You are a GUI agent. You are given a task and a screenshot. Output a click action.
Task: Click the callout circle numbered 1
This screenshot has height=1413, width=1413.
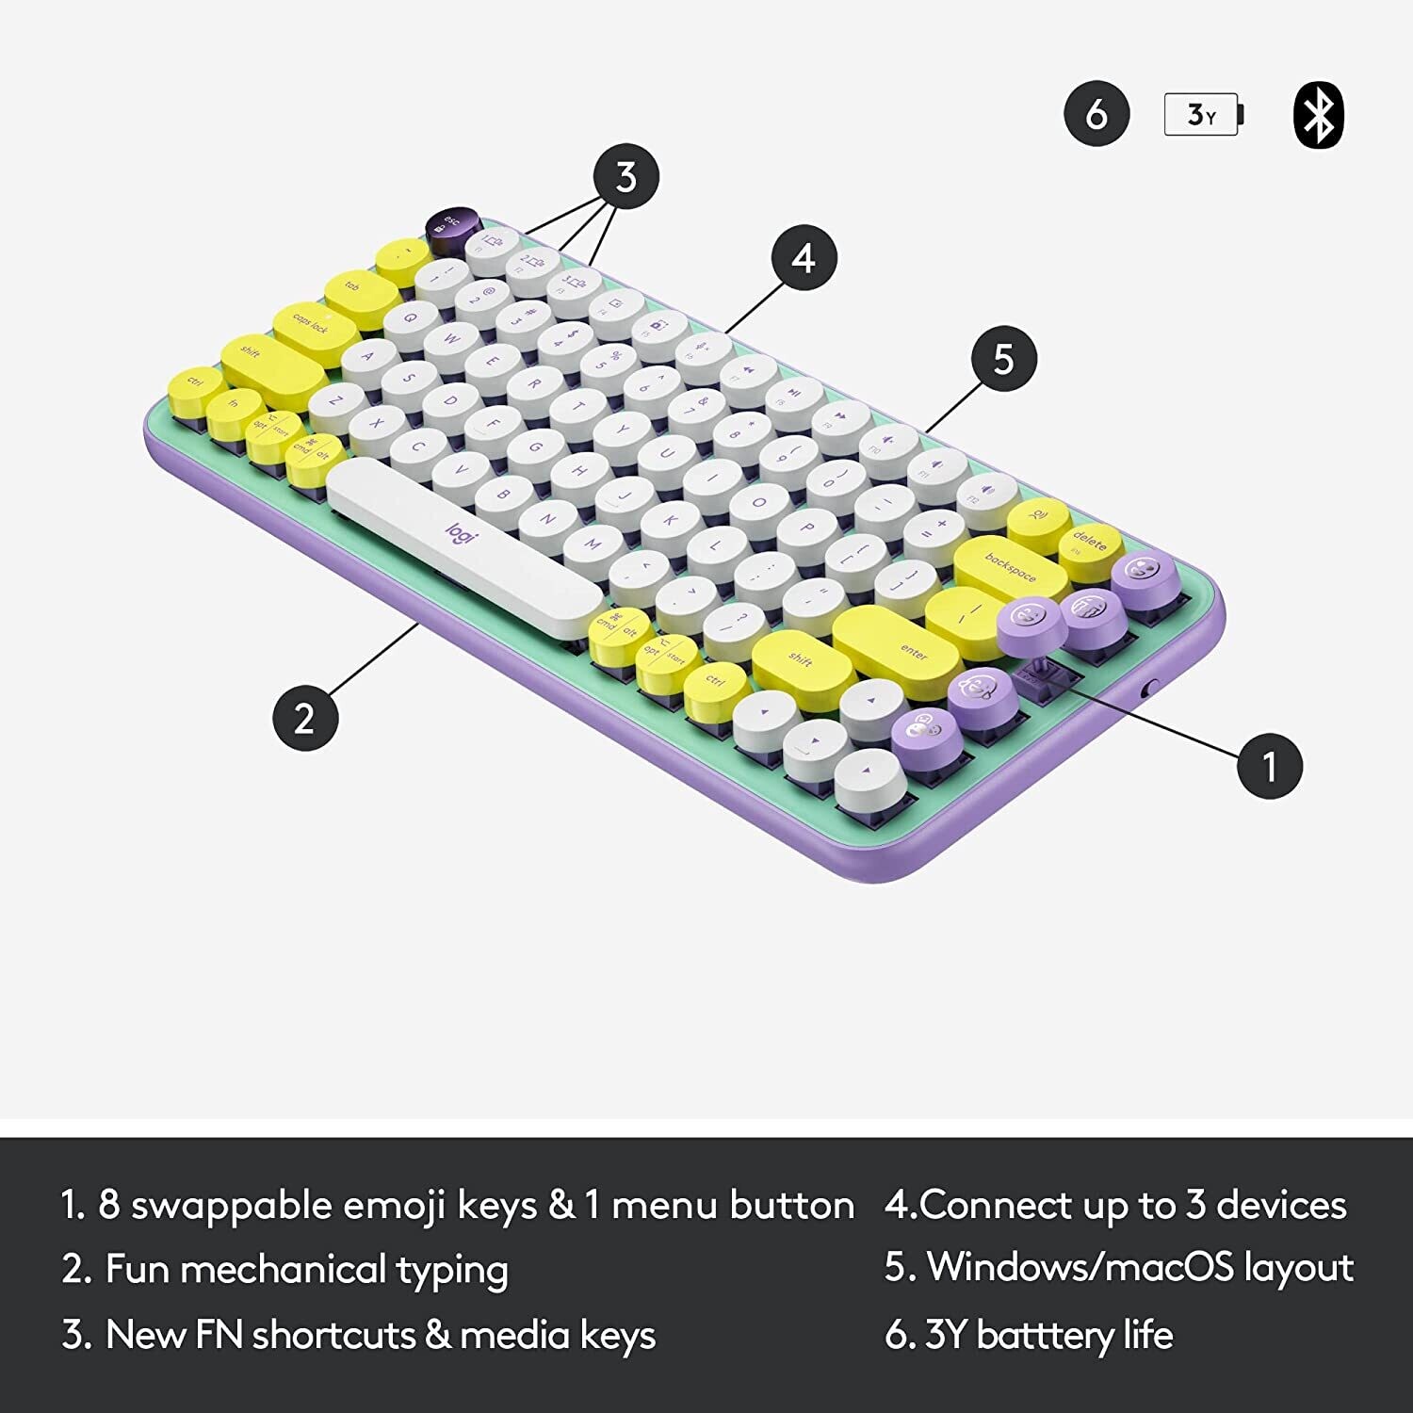pos(1270,766)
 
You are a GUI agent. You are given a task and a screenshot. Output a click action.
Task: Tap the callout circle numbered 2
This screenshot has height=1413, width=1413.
pos(304,719)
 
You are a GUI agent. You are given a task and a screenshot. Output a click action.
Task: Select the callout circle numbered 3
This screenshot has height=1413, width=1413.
pos(626,177)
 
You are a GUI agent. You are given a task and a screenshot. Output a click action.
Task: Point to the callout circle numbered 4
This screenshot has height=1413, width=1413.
pos(804,258)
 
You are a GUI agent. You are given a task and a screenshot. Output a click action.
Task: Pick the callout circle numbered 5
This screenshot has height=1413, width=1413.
pos(1004,359)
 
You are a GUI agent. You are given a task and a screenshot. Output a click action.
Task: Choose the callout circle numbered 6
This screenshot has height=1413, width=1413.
pos(1096,114)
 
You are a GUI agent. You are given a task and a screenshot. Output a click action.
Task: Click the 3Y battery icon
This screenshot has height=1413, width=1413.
pos(1203,115)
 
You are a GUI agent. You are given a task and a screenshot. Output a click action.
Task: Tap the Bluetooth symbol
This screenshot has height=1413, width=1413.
pos(1319,115)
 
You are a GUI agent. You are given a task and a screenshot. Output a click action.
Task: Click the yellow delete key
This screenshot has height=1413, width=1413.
pos(1091,545)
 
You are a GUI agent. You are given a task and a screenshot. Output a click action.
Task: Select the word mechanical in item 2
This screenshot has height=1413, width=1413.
pos(284,1270)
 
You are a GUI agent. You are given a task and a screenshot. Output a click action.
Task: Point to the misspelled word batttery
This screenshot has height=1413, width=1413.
pos(1046,1335)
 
